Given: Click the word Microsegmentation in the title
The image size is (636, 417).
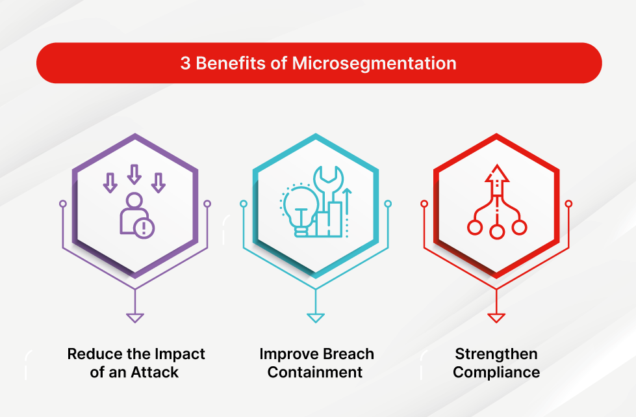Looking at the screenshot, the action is pos(374,63).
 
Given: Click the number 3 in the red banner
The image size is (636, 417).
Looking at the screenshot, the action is pos(185,63).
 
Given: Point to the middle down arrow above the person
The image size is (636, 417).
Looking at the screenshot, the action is pos(134,174).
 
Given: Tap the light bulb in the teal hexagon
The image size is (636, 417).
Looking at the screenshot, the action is pos(301,211).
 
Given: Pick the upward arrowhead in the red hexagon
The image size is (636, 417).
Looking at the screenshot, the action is pos(497,174).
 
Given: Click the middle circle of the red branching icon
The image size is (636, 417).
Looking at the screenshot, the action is pos(497,232).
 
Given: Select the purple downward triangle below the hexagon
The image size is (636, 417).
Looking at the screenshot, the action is pos(134,318).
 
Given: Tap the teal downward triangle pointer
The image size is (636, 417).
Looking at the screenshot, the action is pos(316,318).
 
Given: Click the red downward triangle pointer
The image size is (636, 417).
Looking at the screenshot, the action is pos(496,318).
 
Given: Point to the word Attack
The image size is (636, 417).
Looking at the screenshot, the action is pos(155,372).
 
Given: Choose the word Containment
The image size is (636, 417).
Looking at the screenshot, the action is pos(315,372).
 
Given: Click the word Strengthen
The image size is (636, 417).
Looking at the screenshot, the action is pos(496,354).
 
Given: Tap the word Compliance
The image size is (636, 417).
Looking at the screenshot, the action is pos(496,373).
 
